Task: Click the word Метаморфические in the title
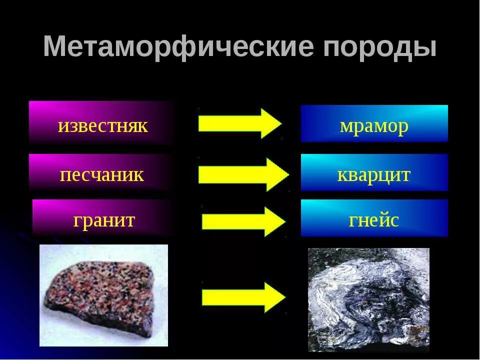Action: [x=179, y=48]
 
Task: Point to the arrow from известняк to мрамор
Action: [x=239, y=123]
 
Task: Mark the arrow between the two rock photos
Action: [x=243, y=297]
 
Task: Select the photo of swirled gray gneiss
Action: [x=368, y=299]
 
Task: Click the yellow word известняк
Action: [x=103, y=125]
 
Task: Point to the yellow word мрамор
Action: [x=374, y=125]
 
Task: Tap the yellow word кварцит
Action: [x=374, y=174]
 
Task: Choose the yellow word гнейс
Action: [x=374, y=220]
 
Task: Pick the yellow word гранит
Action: [x=104, y=220]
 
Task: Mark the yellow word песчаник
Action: [x=102, y=174]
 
